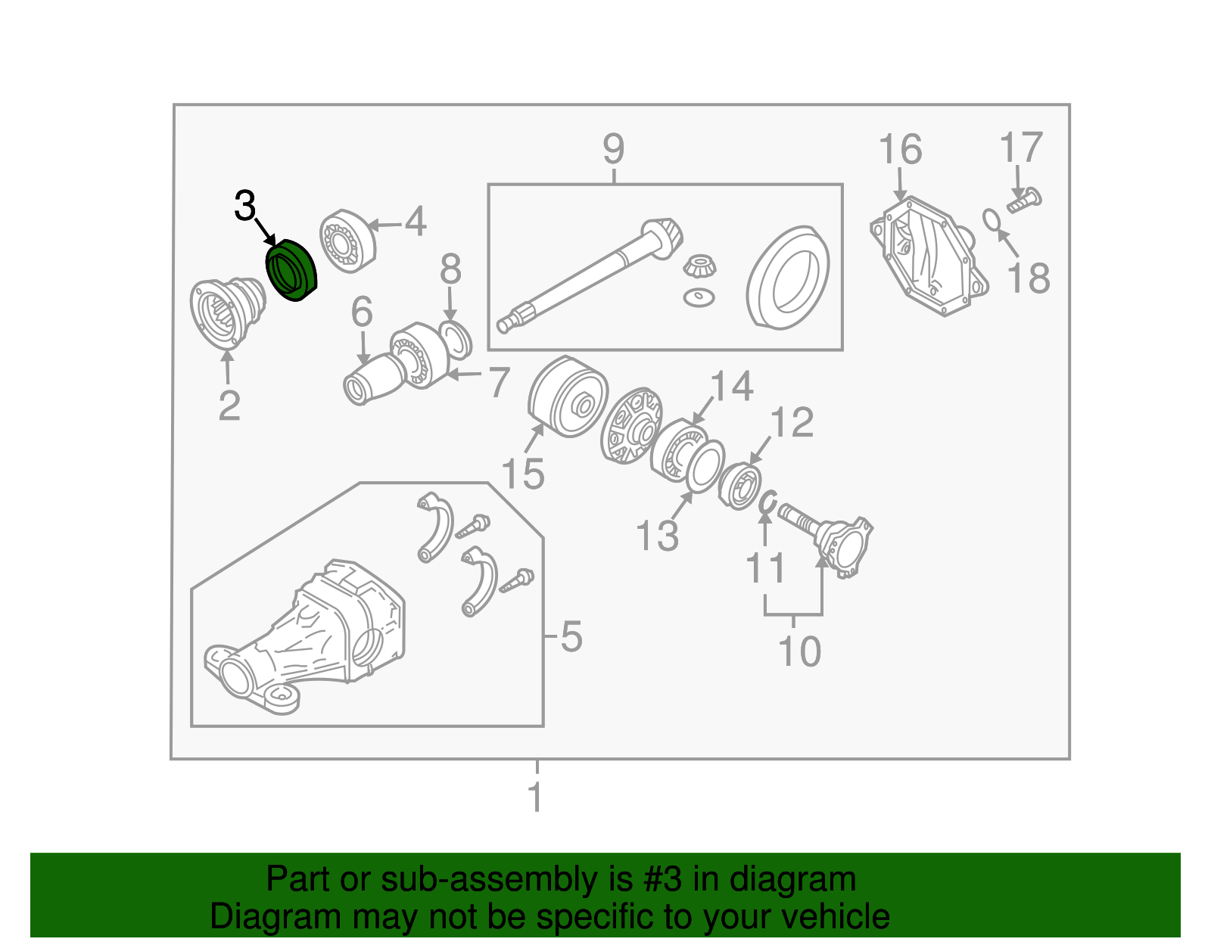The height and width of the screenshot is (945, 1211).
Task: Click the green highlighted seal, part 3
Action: (x=291, y=270)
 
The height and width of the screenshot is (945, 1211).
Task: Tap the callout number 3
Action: (x=244, y=205)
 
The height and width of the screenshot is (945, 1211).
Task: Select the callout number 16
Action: (x=900, y=149)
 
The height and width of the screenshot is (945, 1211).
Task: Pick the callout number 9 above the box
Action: (x=614, y=149)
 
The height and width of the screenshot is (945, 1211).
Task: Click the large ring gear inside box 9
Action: (x=787, y=277)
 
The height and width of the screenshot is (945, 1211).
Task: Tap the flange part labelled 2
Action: (x=227, y=314)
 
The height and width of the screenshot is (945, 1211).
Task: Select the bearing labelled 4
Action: (x=347, y=241)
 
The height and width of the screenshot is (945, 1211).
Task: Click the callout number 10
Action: (x=800, y=651)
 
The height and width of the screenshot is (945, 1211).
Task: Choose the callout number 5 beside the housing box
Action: (x=571, y=636)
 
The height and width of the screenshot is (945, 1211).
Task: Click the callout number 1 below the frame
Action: (x=535, y=797)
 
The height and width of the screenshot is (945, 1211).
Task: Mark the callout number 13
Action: (x=657, y=536)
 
